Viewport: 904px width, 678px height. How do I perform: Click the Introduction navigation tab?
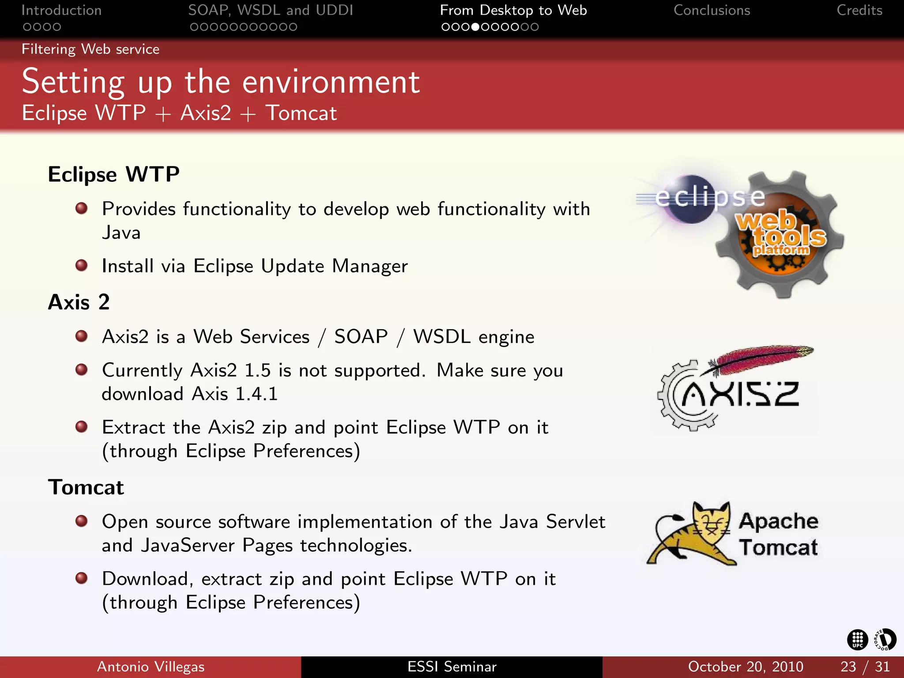tap(61, 10)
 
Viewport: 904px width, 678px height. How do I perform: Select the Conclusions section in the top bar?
tap(712, 10)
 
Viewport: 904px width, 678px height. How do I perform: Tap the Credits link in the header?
tap(859, 10)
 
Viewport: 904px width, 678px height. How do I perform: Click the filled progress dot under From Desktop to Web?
tap(475, 27)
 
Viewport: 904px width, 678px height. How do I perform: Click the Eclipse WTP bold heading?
tap(113, 174)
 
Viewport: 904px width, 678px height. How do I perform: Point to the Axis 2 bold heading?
tap(79, 302)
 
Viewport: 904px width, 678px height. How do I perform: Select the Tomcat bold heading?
tap(86, 487)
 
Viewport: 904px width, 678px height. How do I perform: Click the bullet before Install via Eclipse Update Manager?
tap(81, 265)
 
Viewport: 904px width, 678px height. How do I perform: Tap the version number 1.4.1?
tap(256, 394)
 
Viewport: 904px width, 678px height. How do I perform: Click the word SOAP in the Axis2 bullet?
tap(361, 337)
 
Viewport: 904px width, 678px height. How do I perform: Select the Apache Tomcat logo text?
tap(778, 534)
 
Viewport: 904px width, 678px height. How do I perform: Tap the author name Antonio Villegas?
tap(151, 667)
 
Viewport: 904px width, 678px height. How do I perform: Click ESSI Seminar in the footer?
tap(452, 667)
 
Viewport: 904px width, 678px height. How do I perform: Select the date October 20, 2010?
tap(745, 667)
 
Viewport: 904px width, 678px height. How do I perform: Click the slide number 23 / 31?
tap(865, 667)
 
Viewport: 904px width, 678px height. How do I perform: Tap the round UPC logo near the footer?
tap(857, 640)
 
